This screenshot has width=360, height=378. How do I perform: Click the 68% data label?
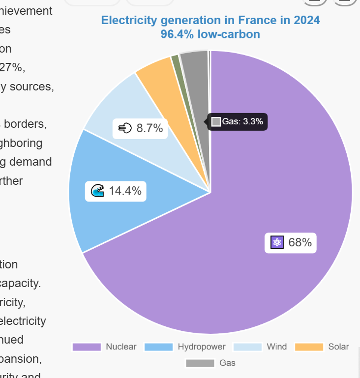coord(300,242)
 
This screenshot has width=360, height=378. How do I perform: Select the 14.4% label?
coord(125,191)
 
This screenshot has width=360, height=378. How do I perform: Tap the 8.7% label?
coord(149,129)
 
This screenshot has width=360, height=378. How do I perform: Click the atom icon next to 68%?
coord(277,242)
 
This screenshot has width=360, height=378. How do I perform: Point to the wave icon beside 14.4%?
coord(98,191)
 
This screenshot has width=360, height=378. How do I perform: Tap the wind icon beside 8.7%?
coord(125,129)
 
